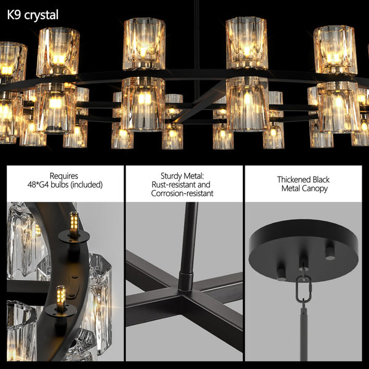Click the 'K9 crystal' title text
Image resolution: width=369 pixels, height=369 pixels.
pyautogui.click(x=33, y=15)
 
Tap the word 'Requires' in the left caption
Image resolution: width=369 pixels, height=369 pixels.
pyautogui.click(x=63, y=175)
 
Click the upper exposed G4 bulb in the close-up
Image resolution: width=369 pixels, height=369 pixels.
pyautogui.click(x=74, y=222)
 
